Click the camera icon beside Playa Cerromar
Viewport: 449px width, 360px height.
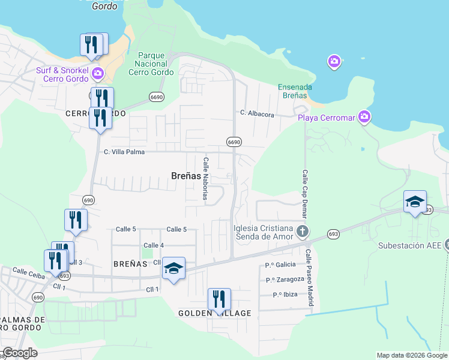pyautogui.click(x=364, y=117)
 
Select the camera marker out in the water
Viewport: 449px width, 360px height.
pyautogui.click(x=334, y=61)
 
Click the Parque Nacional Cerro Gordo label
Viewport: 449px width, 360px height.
pyautogui.click(x=151, y=64)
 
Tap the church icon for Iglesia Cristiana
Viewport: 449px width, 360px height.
pyautogui.click(x=303, y=231)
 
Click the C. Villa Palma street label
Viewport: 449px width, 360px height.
pyautogui.click(x=124, y=152)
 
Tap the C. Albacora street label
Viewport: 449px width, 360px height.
pyautogui.click(x=257, y=113)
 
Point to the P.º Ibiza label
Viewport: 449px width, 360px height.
pyautogui.click(x=286, y=295)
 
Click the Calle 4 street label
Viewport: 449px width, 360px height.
pyautogui.click(x=154, y=245)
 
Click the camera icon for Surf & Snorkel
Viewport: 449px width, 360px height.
pyautogui.click(x=97, y=74)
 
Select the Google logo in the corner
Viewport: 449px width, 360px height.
pyautogui.click(x=19, y=353)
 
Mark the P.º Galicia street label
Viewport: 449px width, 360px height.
pyautogui.click(x=280, y=265)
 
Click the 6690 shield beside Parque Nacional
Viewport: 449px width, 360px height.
pyautogui.click(x=157, y=97)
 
